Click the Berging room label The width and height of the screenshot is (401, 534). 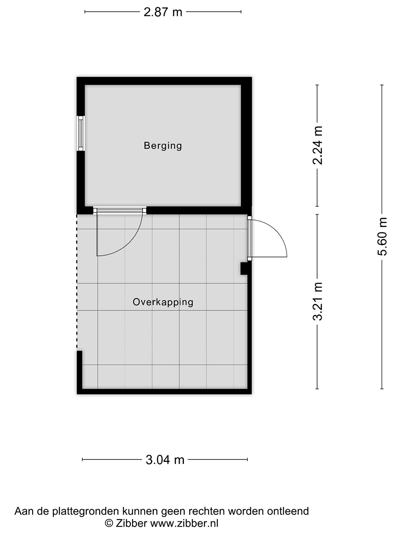coord(163,146)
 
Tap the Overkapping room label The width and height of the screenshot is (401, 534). coord(163,302)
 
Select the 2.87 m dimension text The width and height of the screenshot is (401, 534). coord(163,12)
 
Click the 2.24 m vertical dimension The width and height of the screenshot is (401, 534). coord(317,145)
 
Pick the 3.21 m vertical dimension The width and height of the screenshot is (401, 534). coord(317,301)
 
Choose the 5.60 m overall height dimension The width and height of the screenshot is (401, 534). coord(382,236)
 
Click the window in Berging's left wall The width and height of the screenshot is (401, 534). coord(81,133)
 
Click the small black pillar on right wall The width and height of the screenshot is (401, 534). coord(244,269)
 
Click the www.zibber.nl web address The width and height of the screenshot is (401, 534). coord(184,523)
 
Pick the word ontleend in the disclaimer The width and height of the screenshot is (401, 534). coord(288,511)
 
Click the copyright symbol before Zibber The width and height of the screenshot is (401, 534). coord(109,523)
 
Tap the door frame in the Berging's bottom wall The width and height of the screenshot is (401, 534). coord(120,210)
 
